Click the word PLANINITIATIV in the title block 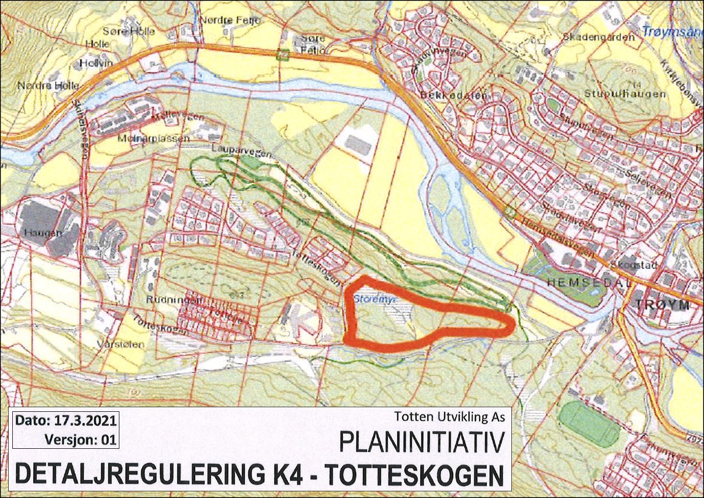421,442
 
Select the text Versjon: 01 80,440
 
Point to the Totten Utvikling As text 449,416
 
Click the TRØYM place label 662,304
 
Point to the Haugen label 43,233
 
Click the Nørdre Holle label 49,85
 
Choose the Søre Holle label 129,31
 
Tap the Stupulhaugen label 625,94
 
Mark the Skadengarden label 598,37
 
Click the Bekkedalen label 454,95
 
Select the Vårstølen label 120,345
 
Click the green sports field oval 589,424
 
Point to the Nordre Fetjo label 229,20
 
